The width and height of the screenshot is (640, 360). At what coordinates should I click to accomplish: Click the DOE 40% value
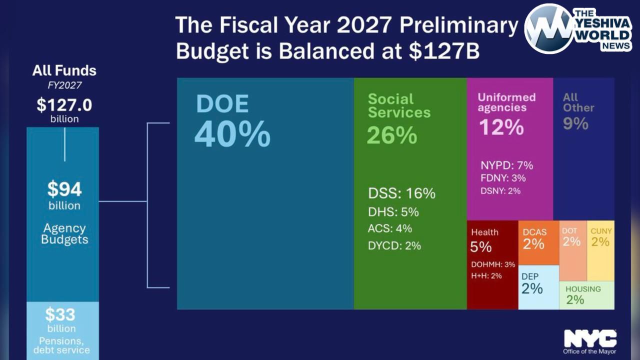[x=232, y=134]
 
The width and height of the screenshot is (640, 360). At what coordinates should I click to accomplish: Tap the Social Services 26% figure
[x=392, y=135]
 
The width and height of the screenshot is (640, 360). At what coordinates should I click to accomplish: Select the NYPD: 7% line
[x=506, y=165]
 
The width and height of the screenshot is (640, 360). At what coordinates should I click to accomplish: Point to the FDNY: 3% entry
[x=503, y=178]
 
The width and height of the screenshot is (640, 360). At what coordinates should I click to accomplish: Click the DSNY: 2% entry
[x=500, y=190]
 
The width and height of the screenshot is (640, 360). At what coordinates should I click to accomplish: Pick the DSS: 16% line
[x=401, y=193]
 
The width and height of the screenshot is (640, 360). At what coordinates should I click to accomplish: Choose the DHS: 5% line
[x=393, y=212]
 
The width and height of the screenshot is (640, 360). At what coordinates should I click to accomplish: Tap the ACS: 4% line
[x=390, y=228]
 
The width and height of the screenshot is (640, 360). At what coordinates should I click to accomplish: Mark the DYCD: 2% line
[x=394, y=245]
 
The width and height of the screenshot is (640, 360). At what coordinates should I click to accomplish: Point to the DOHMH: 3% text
[x=493, y=264]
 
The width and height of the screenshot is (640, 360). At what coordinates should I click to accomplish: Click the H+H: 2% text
[x=486, y=275]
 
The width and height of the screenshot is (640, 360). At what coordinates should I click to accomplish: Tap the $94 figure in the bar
[x=64, y=189]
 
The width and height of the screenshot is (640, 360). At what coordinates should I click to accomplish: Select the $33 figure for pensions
[x=60, y=315]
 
